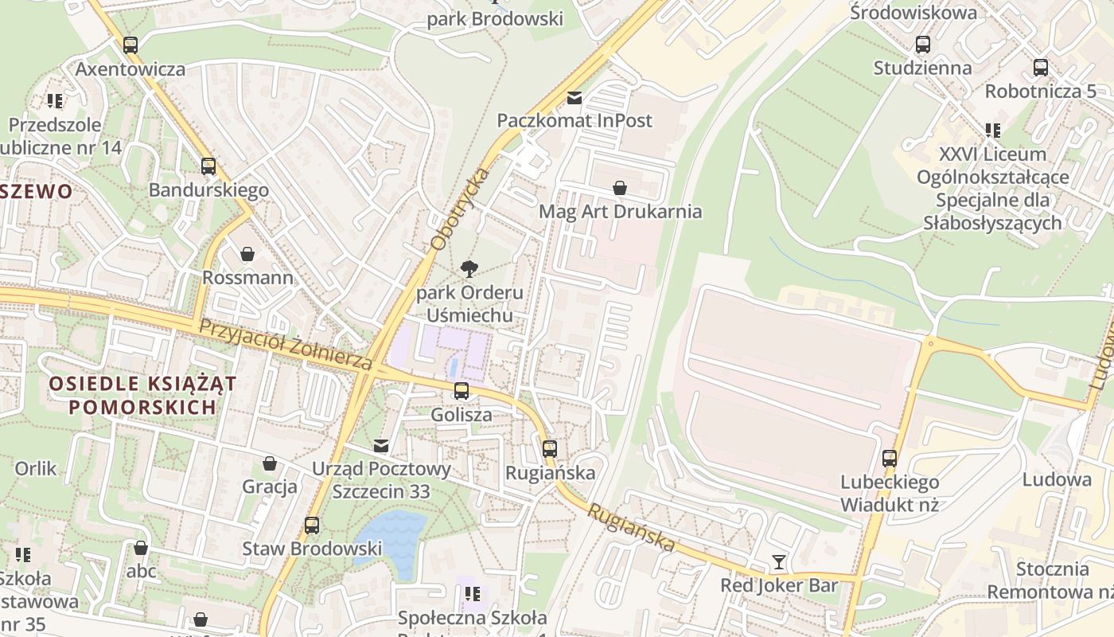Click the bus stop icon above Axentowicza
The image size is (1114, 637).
(x=130, y=45)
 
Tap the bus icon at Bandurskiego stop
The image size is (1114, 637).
(x=208, y=166)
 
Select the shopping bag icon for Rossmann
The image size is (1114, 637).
(x=247, y=254)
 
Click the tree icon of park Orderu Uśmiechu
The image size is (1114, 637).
(x=469, y=268)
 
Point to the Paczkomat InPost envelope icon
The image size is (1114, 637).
(x=574, y=98)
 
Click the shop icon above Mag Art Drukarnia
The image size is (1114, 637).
(x=620, y=189)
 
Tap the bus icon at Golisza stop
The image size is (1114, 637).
(x=461, y=391)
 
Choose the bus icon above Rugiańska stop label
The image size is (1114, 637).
(x=550, y=448)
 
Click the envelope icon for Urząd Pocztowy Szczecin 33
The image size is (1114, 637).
(x=382, y=446)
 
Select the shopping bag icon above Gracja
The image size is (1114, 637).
(x=270, y=463)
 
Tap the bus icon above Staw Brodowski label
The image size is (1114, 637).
(x=312, y=526)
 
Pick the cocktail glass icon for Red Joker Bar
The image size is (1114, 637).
(x=779, y=563)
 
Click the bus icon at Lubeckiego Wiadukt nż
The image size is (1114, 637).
(x=890, y=459)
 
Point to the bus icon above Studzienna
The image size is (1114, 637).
(x=923, y=45)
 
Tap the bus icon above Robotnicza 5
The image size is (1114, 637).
(x=1040, y=68)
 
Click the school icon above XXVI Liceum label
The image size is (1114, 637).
(x=992, y=130)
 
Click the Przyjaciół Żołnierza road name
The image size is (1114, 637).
(x=285, y=344)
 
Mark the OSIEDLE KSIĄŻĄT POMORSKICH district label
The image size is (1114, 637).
(x=142, y=395)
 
